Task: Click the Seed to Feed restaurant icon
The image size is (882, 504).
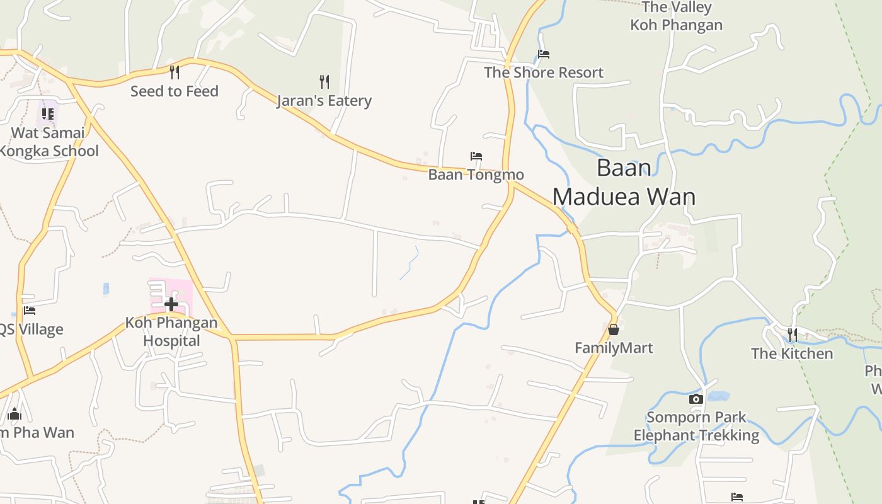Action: [175, 72]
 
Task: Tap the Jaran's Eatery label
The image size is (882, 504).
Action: [324, 101]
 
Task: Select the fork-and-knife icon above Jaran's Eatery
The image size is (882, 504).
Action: [324, 81]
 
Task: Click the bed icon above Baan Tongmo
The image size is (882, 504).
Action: [476, 156]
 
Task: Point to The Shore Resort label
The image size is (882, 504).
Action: [544, 73]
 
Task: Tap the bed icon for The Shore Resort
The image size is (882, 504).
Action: [544, 54]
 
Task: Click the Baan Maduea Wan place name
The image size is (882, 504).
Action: [624, 183]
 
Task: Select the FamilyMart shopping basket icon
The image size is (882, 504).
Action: [614, 329]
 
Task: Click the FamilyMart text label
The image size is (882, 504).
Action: [614, 348]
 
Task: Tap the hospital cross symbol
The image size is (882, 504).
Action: [171, 305]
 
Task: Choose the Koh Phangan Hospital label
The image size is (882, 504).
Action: [171, 332]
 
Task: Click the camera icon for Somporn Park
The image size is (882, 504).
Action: [696, 399]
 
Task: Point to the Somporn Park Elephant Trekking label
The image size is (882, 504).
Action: [696, 427]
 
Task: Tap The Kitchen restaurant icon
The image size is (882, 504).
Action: [792, 335]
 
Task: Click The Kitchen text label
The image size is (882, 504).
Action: [792, 354]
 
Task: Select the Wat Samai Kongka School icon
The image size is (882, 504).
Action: [48, 114]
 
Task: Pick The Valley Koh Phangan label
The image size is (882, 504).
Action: [677, 16]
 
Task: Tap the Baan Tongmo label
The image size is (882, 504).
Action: [476, 175]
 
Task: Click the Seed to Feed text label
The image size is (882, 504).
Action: [175, 91]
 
